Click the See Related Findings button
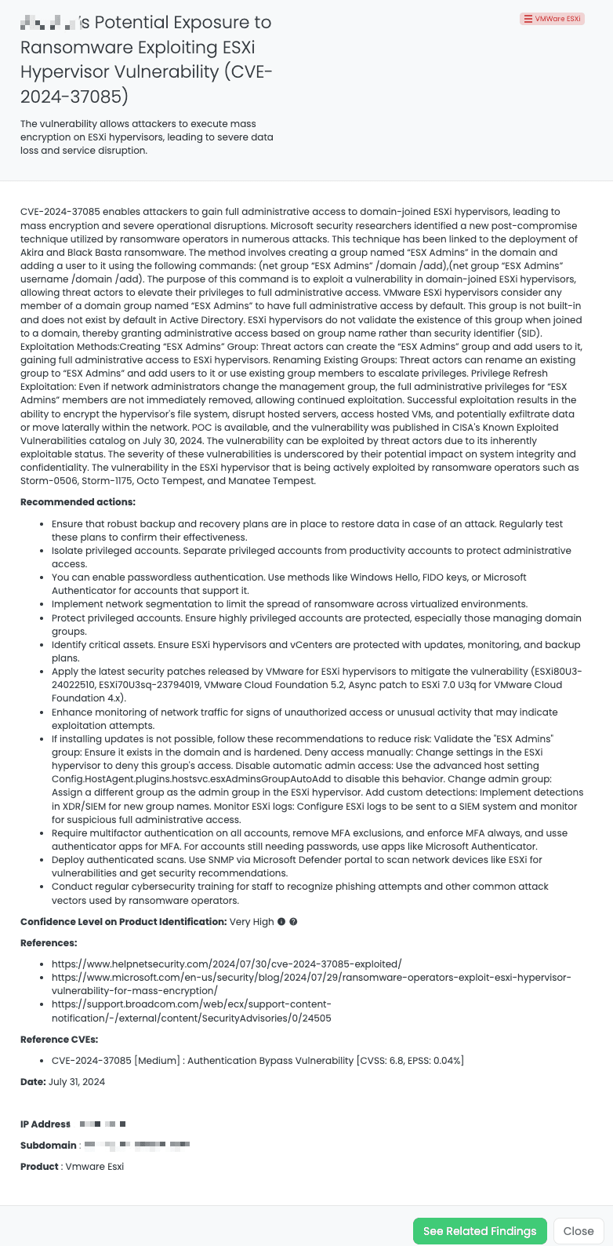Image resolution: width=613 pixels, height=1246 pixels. click(x=480, y=1231)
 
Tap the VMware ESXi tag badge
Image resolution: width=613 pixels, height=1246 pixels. click(x=553, y=19)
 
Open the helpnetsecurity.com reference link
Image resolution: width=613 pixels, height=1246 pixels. click(x=227, y=964)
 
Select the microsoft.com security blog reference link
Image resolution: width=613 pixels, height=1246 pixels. click(x=311, y=984)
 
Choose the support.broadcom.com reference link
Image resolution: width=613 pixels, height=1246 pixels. click(x=191, y=1011)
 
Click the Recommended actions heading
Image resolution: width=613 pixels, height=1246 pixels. click(x=78, y=502)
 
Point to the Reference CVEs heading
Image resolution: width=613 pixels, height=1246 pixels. click(x=60, y=1040)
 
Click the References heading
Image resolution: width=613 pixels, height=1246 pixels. click(x=49, y=943)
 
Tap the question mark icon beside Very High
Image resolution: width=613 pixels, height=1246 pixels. click(x=293, y=922)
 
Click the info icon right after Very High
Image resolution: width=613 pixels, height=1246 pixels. click(x=281, y=922)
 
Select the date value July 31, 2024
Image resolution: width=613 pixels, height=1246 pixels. click(x=77, y=1082)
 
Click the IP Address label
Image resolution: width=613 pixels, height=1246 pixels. click(x=45, y=1124)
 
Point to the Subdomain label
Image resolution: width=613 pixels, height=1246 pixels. click(x=49, y=1146)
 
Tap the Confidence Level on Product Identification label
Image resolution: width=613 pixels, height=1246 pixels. click(x=123, y=922)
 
